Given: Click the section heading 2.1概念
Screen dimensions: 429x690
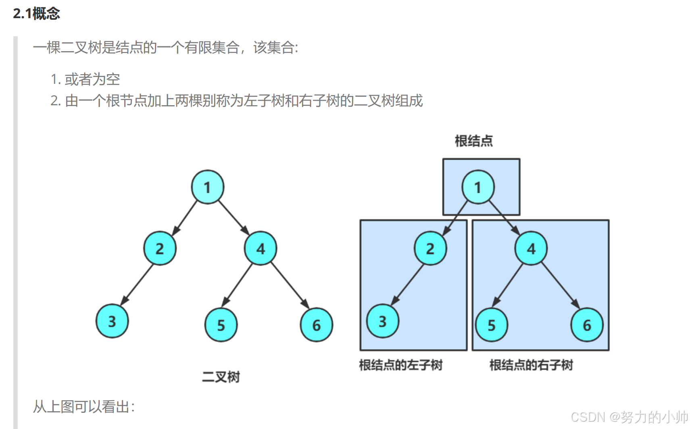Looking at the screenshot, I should (36, 14).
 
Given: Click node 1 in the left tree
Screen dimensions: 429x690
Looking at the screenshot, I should (207, 187).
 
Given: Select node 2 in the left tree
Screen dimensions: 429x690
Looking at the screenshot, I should (160, 248).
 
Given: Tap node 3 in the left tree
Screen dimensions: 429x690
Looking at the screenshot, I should (112, 321).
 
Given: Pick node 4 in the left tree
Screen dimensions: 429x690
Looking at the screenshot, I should (261, 248).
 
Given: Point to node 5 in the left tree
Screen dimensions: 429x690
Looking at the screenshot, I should (221, 325).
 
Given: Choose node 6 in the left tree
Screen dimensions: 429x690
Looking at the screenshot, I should (317, 325).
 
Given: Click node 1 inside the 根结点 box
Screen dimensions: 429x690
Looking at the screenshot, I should (478, 187).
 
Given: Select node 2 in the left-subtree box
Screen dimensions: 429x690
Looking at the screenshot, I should (430, 248).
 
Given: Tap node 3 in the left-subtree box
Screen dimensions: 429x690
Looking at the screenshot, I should (383, 321).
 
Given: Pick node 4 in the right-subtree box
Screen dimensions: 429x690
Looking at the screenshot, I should (531, 248).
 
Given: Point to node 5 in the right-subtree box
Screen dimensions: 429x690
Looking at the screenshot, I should (492, 325).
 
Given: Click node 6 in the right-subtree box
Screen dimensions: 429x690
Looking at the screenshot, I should (587, 325).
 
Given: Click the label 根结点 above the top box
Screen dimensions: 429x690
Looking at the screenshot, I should (474, 141).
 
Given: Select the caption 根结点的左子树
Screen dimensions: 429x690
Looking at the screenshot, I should (401, 365).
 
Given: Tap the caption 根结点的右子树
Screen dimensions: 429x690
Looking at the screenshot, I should (531, 365).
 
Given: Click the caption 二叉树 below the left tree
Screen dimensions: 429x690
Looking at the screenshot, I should (221, 377).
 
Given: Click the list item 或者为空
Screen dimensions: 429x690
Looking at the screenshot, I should (92, 79).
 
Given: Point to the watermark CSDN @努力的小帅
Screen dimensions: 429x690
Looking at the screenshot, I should (629, 417).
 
